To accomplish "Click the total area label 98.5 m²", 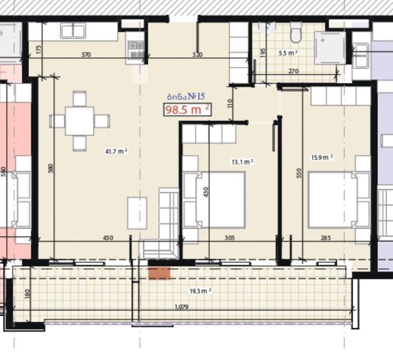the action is pos(187,109).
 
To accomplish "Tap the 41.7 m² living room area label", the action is pos(116,151).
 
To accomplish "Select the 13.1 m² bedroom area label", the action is pos(242,162).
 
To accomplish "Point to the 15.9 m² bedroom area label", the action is pos(322,157).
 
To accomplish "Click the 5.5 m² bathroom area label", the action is pos(288,53).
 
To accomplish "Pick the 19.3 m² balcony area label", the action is pos(200,291).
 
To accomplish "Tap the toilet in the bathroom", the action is pos(296,33).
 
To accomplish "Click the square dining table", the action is pos(80,121).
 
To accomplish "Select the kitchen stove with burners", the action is pos(136,49).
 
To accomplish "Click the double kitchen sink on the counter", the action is pos(73,31).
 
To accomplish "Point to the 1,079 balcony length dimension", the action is pos(181,307).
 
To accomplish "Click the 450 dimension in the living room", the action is pos(108,238).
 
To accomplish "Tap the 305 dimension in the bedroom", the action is pos(230,238).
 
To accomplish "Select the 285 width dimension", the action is pos(326,238).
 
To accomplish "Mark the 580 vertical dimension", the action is pos(51,169).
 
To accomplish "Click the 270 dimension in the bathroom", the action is pos(293,71).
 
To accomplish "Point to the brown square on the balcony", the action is pos(160,273).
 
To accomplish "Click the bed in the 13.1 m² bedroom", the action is pos(214,200).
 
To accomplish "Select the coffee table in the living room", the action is pos(137,213).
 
